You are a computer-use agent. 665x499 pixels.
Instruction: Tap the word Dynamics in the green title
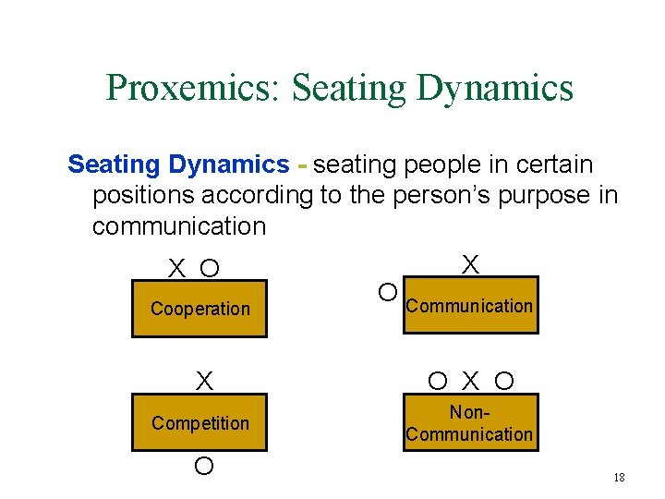[495, 88]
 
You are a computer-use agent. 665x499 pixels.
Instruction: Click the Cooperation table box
[199, 309]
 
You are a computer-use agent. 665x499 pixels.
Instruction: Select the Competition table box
[199, 423]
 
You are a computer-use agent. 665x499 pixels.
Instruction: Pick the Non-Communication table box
[469, 423]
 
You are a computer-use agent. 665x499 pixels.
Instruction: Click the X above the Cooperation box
[175, 269]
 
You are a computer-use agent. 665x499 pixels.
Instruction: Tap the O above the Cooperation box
[210, 269]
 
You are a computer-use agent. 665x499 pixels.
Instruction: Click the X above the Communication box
[470, 265]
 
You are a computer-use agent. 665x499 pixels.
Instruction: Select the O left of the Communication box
[389, 293]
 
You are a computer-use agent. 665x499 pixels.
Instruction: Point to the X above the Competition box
[204, 381]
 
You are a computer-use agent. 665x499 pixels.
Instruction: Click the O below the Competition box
[204, 466]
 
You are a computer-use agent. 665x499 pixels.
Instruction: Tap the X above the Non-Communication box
[471, 381]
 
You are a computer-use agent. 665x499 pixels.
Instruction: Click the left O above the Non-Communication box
[439, 381]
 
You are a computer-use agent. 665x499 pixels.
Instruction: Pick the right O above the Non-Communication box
[503, 381]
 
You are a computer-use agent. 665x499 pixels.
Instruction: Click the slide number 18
[619, 478]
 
